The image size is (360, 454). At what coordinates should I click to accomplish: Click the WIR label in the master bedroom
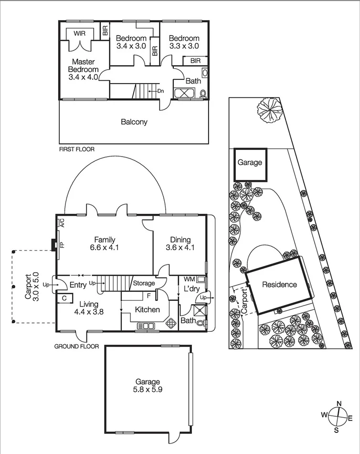tap(79, 33)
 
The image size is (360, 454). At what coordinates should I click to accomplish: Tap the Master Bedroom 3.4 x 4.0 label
tap(84, 69)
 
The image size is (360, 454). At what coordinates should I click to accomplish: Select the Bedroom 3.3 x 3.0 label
tap(184, 42)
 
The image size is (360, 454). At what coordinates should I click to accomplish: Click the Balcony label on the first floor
tap(134, 122)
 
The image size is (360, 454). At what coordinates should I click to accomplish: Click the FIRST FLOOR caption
tap(76, 149)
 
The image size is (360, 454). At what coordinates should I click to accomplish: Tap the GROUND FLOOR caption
tap(76, 347)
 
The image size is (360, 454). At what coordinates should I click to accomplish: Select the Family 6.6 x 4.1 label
tap(105, 243)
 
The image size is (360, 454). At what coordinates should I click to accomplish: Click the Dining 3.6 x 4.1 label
tap(180, 243)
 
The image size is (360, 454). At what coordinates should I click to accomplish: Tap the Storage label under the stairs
tap(144, 284)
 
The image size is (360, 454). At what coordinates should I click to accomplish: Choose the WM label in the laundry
tap(189, 279)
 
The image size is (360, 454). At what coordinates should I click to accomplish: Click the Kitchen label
tap(147, 310)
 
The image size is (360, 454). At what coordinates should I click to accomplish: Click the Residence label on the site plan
tap(279, 285)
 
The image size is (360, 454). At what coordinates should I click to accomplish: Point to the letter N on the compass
tap(339, 403)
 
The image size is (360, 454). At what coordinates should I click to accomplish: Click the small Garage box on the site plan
tap(250, 163)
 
